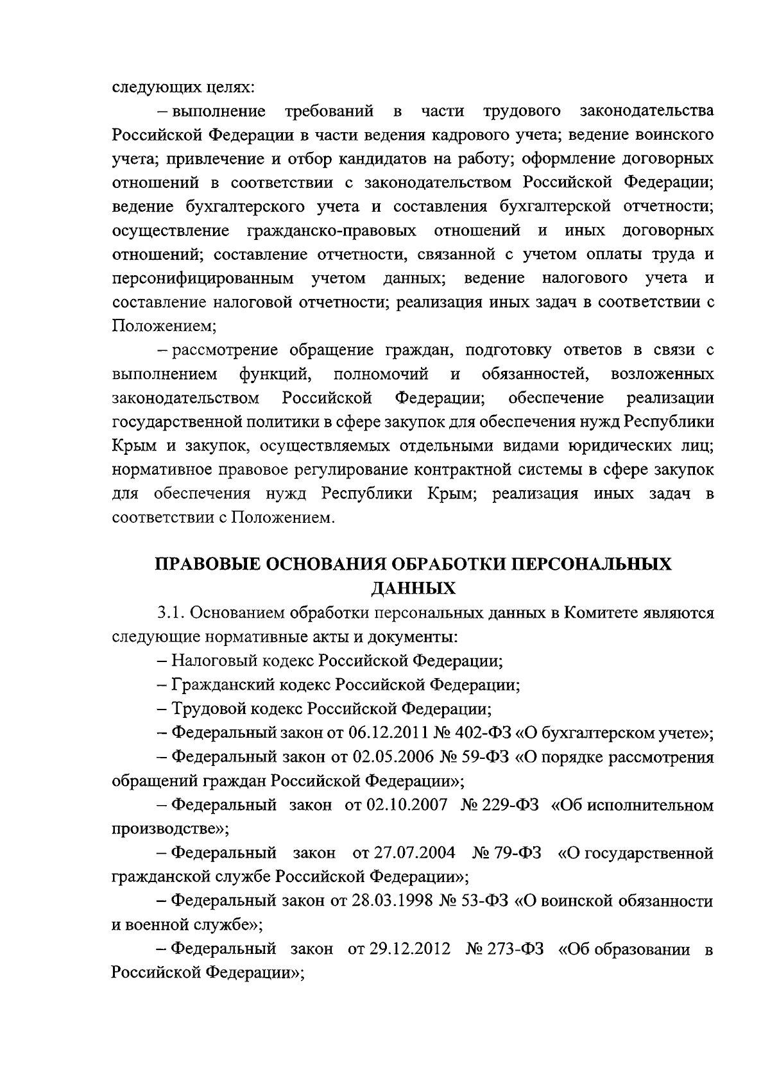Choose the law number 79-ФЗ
[517, 853]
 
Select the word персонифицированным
[203, 278]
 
